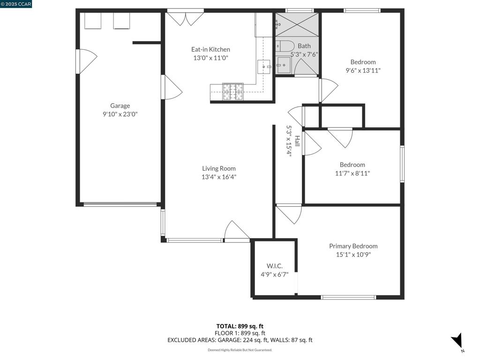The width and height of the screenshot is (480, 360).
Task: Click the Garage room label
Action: pos(120,106)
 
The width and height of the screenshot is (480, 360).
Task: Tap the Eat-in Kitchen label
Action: pos(210,50)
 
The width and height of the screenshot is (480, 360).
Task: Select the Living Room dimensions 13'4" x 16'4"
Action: pos(219,177)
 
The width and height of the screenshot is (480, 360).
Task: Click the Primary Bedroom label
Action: pos(353,246)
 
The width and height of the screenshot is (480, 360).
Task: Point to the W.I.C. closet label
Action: pos(274,266)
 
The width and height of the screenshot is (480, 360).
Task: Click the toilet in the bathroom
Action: pos(285,46)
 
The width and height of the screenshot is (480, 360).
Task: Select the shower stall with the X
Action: pos(297,24)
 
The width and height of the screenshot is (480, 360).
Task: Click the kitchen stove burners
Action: pos(233,91)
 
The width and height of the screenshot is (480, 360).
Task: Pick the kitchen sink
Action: pos(264,67)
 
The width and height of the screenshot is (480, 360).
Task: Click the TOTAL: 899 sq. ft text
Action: pos(240,326)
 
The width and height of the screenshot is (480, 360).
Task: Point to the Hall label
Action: pos(297,141)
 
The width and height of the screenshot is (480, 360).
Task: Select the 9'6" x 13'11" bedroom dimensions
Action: pos(363,71)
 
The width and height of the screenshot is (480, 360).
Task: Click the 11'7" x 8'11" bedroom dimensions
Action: pos(352,173)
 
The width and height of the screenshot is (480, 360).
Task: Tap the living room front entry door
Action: pos(237,232)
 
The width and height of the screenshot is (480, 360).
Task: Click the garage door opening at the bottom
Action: pos(120,204)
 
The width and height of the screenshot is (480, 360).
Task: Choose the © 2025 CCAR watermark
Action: pos(16,4)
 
